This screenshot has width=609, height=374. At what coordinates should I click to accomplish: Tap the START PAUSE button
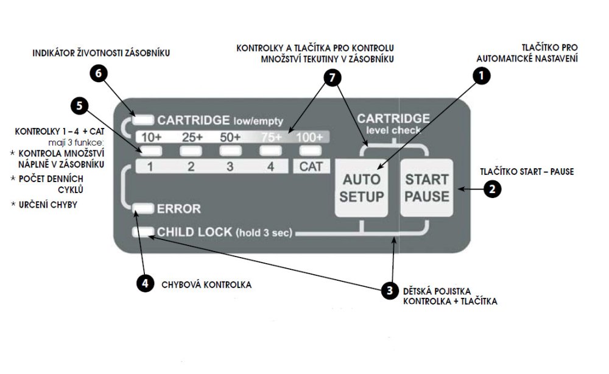427,188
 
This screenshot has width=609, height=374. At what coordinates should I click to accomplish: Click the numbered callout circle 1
482,77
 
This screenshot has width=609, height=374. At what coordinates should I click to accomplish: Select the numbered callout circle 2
493,189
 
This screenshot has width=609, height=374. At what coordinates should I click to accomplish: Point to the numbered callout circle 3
390,291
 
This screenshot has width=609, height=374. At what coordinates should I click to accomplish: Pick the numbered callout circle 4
144,283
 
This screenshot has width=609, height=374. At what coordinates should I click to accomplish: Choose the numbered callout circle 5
79,105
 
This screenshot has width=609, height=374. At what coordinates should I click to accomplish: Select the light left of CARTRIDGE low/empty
146,119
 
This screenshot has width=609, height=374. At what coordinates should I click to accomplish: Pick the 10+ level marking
151,137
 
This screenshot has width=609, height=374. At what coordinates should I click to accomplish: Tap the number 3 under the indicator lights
230,166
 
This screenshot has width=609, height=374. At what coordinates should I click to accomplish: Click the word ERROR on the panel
179,209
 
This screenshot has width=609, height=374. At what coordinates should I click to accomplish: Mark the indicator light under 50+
230,150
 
